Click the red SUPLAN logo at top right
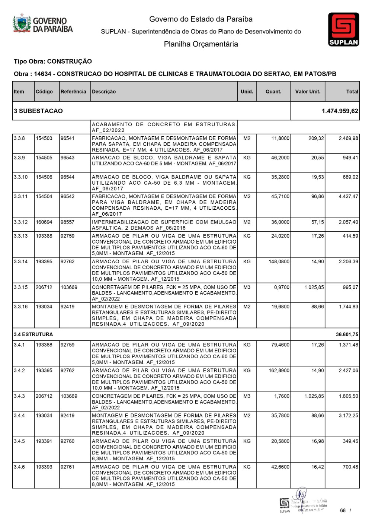[343, 29]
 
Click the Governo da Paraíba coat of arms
[22, 23]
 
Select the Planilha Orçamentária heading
[201, 44]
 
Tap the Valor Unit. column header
[308, 92]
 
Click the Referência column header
[73, 92]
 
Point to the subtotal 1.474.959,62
[340, 111]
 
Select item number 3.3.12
[21, 222]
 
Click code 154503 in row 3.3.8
[44, 138]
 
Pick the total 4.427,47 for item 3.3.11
[348, 196]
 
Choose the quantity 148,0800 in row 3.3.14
[279, 261]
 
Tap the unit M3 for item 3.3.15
[247, 287]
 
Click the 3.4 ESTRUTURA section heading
[33, 334]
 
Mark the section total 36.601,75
[347, 334]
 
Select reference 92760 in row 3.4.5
[67, 441]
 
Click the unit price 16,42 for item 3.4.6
[317, 467]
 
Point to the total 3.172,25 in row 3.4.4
[348, 415]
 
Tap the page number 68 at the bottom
[343, 511]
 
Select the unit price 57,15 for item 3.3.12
[317, 222]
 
